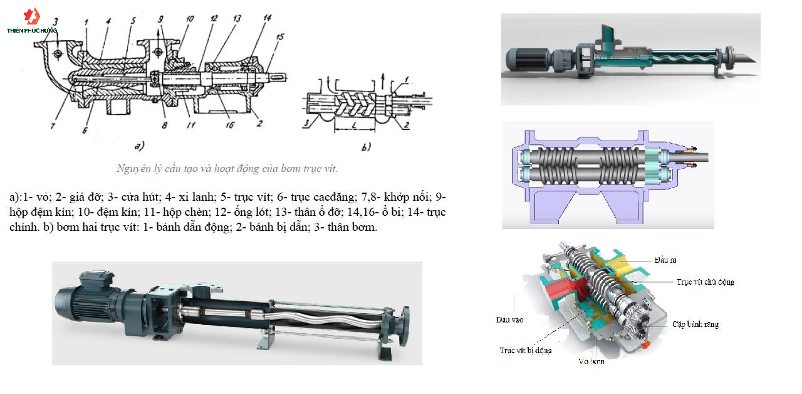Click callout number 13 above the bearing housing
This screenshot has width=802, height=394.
(x=236, y=19)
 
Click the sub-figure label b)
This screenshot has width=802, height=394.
(x=366, y=147)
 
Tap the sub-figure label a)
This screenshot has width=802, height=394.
(x=138, y=147)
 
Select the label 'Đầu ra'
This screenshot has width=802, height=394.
(x=665, y=260)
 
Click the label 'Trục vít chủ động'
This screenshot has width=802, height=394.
(x=705, y=282)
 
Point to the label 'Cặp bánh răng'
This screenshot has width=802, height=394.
(x=695, y=324)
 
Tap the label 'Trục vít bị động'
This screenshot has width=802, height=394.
(x=525, y=350)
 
